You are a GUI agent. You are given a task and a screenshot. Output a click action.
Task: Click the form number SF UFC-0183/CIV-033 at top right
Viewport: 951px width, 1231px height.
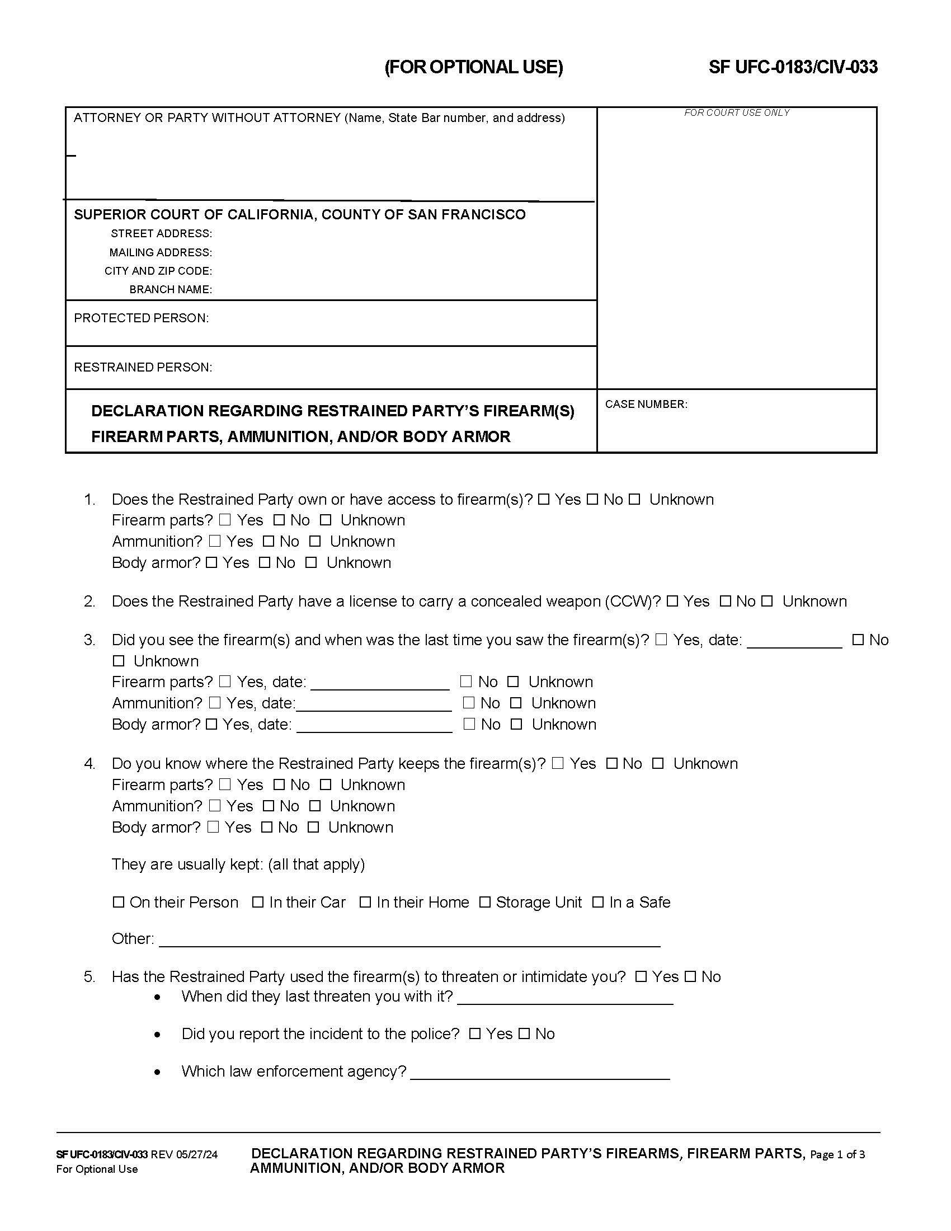click(793, 67)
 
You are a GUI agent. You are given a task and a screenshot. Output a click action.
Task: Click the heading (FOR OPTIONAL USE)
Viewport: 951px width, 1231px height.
click(473, 67)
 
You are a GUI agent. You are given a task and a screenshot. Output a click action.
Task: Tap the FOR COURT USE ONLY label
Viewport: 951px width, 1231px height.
click(736, 112)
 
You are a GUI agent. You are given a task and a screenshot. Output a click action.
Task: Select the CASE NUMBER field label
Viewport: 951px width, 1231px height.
click(646, 404)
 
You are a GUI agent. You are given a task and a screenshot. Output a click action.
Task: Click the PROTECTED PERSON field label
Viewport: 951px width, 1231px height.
click(141, 318)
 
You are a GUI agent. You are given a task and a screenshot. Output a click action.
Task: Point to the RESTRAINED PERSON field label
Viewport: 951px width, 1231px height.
click(143, 367)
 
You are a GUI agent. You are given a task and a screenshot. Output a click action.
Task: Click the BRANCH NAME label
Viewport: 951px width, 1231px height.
click(170, 289)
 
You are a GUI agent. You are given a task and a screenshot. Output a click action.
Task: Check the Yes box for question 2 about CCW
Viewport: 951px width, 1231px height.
click(672, 602)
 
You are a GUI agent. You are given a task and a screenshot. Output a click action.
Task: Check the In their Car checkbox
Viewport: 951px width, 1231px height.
click(257, 903)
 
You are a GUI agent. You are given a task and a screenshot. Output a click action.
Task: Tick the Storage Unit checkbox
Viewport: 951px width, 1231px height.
click(484, 903)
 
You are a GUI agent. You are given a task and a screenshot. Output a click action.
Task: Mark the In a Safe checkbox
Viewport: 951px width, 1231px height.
click(598, 903)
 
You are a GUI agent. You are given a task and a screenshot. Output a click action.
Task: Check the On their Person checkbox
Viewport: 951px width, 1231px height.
click(118, 903)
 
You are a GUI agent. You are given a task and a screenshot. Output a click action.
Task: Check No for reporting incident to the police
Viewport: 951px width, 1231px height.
click(524, 1033)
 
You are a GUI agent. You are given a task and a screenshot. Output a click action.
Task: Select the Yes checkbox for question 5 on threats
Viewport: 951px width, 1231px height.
click(641, 977)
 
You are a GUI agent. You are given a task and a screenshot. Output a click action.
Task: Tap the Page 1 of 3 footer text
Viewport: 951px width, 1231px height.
click(837, 1154)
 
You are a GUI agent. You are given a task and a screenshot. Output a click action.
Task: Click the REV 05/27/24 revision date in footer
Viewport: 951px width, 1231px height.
click(183, 1154)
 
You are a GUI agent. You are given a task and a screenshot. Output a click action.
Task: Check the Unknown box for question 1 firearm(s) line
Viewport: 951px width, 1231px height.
click(634, 499)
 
